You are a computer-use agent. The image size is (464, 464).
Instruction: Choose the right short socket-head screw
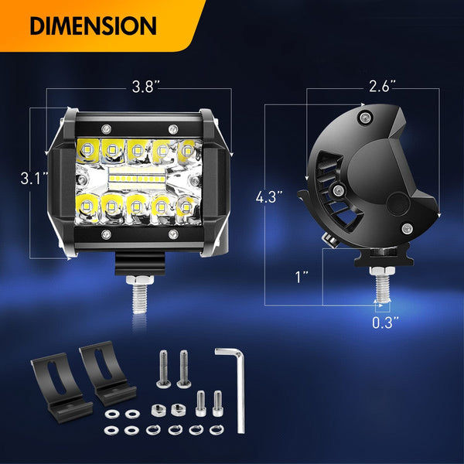217,401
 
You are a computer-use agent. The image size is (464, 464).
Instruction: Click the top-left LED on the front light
87,146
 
